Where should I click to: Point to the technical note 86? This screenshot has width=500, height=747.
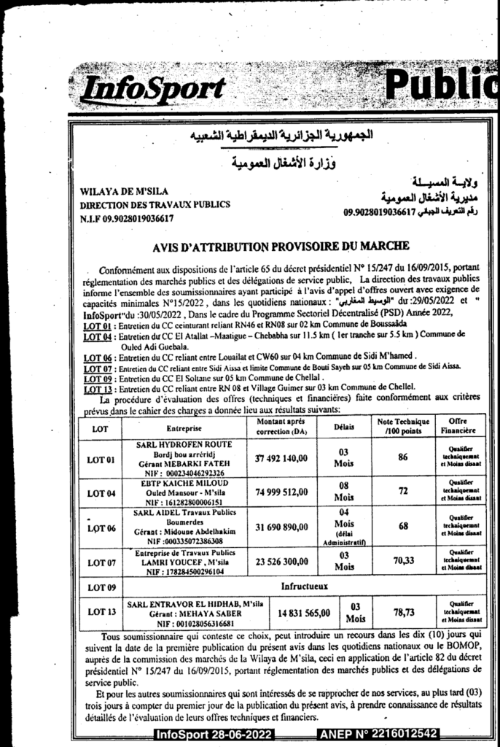tap(402, 457)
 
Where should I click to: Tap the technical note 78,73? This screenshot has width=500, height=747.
tap(403, 613)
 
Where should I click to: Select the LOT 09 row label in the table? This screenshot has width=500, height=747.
tap(101, 587)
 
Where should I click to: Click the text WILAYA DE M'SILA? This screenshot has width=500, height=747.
tap(115, 192)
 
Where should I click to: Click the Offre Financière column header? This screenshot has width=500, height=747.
tap(458, 427)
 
